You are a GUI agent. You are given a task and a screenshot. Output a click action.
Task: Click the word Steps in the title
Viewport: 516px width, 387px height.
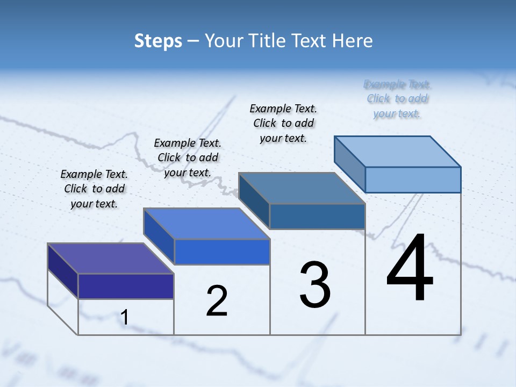tap(158, 41)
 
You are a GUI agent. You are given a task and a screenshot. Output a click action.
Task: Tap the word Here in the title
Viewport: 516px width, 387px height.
tap(353, 41)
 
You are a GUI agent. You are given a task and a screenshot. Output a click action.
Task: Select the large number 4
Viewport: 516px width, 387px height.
tap(410, 269)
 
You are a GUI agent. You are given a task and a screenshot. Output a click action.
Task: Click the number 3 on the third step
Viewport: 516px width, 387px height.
tap(315, 285)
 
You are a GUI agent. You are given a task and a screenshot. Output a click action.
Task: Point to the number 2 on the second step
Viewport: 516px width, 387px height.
tap(217, 301)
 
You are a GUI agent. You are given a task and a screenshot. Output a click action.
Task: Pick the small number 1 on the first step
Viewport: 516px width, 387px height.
tap(124, 317)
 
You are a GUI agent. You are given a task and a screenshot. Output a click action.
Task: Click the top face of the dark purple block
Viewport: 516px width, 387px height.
tap(110, 259)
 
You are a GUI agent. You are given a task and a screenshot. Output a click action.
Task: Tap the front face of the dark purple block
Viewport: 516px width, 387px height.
tap(126, 286)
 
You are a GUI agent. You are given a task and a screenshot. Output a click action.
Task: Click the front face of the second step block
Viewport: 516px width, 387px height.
tap(222, 252)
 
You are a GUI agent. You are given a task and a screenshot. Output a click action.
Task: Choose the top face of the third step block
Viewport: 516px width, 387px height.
tap(302, 188)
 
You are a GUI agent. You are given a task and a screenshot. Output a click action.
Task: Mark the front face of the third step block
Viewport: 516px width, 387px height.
tap(317, 216)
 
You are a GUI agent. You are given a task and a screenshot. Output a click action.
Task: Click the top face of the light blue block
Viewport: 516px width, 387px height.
tap(398, 152)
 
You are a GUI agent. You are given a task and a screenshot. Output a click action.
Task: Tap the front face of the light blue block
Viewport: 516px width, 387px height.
tap(413, 180)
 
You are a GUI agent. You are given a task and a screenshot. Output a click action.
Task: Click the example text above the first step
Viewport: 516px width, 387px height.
tap(94, 189)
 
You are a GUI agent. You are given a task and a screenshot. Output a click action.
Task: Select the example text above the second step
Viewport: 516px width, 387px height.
tap(188, 157)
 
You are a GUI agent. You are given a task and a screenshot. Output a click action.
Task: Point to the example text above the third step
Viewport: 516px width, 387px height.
tap(283, 123)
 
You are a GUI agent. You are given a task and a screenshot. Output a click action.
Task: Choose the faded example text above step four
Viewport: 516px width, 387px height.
tap(397, 99)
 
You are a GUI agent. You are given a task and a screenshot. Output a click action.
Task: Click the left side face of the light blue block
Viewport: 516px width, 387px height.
tap(350, 164)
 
